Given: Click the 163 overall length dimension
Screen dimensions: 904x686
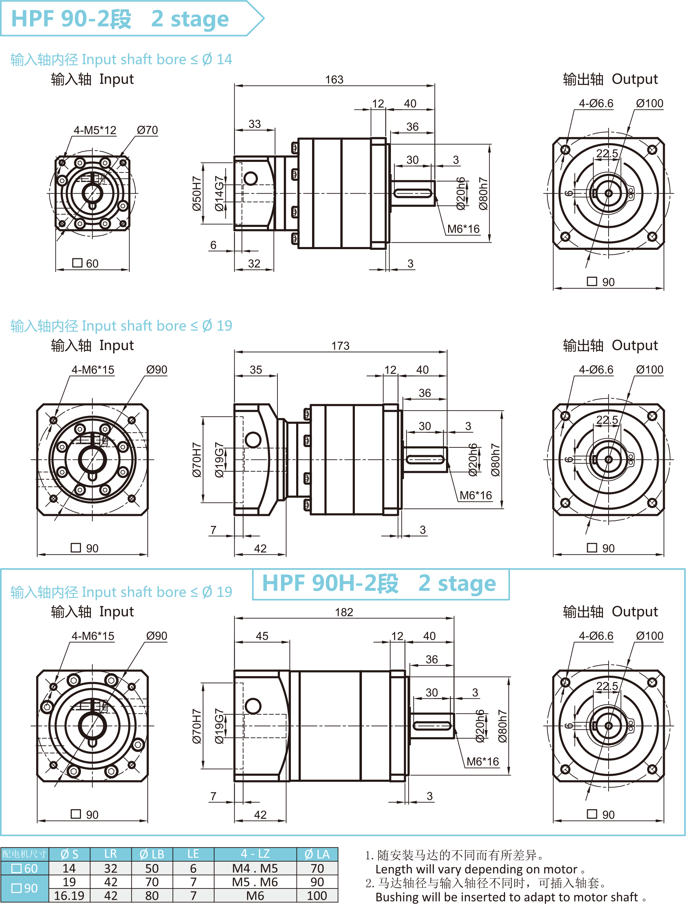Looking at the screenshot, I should click(334, 80).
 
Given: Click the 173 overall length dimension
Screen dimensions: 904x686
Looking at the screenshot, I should click(340, 346).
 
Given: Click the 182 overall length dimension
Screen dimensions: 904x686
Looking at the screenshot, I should click(344, 612).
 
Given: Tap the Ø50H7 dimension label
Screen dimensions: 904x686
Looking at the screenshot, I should click(197, 193).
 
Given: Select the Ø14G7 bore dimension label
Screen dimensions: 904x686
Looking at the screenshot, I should click(219, 193).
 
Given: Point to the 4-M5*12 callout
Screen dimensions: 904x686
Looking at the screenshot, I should click(95, 130).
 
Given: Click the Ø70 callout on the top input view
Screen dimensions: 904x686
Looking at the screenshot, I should click(147, 130).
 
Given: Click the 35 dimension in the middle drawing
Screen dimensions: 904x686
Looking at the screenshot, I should click(256, 370).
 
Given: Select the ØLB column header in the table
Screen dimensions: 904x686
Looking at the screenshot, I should click(152, 854).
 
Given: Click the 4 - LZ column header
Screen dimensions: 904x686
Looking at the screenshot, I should click(255, 854).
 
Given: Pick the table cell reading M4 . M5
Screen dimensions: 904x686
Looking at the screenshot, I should click(255, 868).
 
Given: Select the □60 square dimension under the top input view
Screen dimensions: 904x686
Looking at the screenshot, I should click(86, 263).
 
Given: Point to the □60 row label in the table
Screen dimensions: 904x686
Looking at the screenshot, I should click(24, 868).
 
